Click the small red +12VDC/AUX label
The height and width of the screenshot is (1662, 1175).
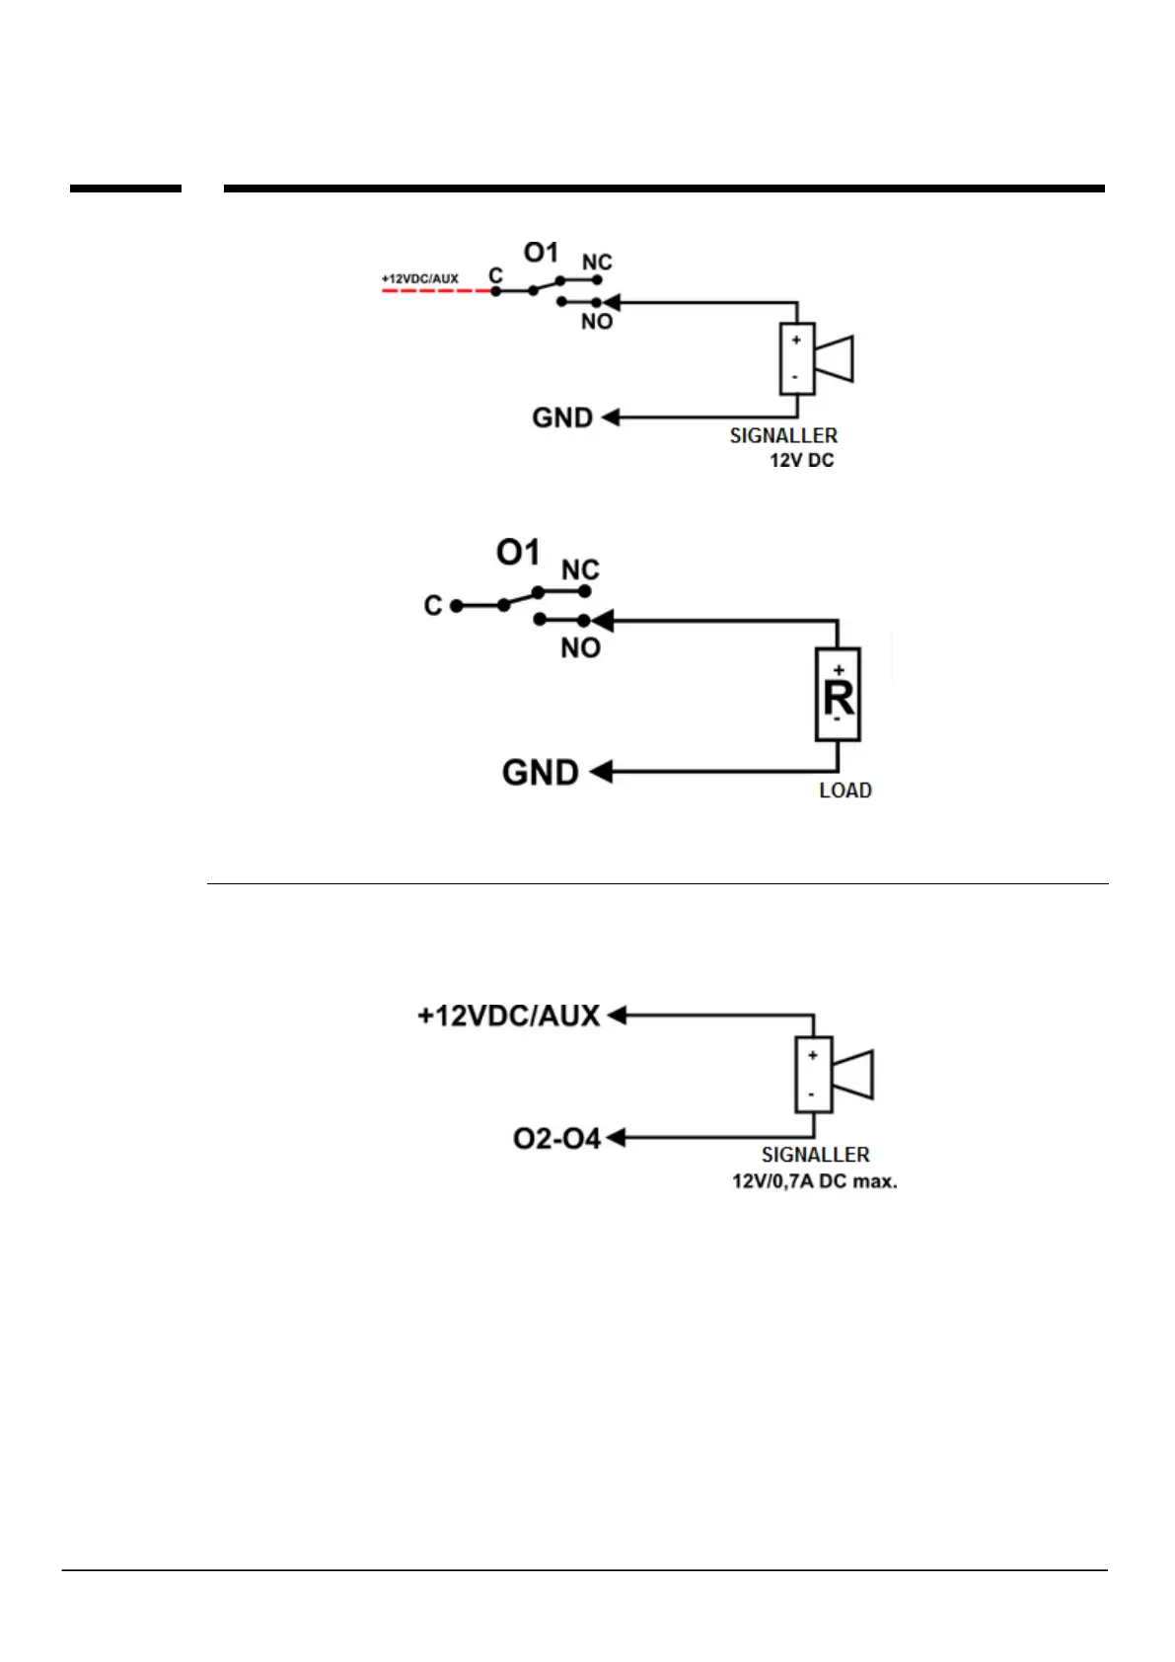[420, 279]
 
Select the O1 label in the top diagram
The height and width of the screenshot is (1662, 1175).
[541, 254]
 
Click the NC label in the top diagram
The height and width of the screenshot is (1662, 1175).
[597, 263]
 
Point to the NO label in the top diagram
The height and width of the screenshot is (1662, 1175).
[597, 322]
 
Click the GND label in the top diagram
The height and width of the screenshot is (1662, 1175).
[562, 418]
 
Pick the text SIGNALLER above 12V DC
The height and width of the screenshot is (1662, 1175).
[783, 436]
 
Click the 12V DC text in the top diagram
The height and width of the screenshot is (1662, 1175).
[801, 461]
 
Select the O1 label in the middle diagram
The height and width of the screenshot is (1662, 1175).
[518, 553]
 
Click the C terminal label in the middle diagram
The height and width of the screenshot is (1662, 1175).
[433, 606]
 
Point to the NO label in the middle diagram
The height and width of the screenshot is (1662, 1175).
[580, 648]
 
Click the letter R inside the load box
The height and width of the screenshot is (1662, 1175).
[839, 699]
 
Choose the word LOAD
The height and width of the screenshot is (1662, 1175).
[845, 791]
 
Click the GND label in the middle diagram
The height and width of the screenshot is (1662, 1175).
[540, 773]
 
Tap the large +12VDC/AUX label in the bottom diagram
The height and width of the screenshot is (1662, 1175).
[508, 1016]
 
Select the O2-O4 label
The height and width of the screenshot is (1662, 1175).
[556, 1139]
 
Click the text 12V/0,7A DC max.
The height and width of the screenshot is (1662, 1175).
[814, 1181]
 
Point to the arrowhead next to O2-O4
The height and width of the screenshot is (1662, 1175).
[617, 1138]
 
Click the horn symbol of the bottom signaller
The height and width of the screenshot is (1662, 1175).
[854, 1075]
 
